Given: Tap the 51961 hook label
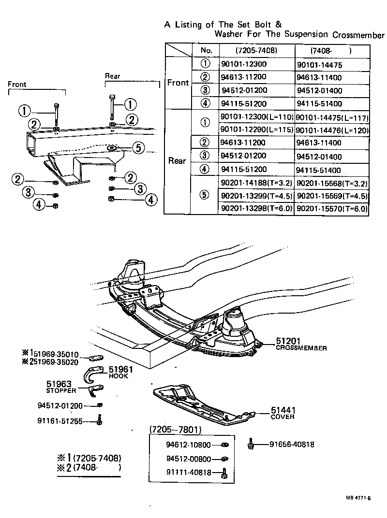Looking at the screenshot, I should pyautogui.click(x=119, y=370).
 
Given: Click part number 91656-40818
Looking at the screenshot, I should pyautogui.click(x=292, y=445).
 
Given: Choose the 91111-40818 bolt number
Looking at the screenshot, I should pyautogui.click(x=188, y=473).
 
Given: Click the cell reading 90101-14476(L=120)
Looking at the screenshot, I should pyautogui.click(x=332, y=130).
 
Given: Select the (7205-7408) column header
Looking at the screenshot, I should pyautogui.click(x=256, y=50).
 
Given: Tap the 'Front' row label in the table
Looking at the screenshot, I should pyautogui.click(x=178, y=83).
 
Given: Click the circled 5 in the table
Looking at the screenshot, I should pyautogui.click(x=206, y=195).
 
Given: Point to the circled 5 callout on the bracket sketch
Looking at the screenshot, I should pyautogui.click(x=138, y=148).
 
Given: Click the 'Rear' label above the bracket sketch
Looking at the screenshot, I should pyautogui.click(x=113, y=76).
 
